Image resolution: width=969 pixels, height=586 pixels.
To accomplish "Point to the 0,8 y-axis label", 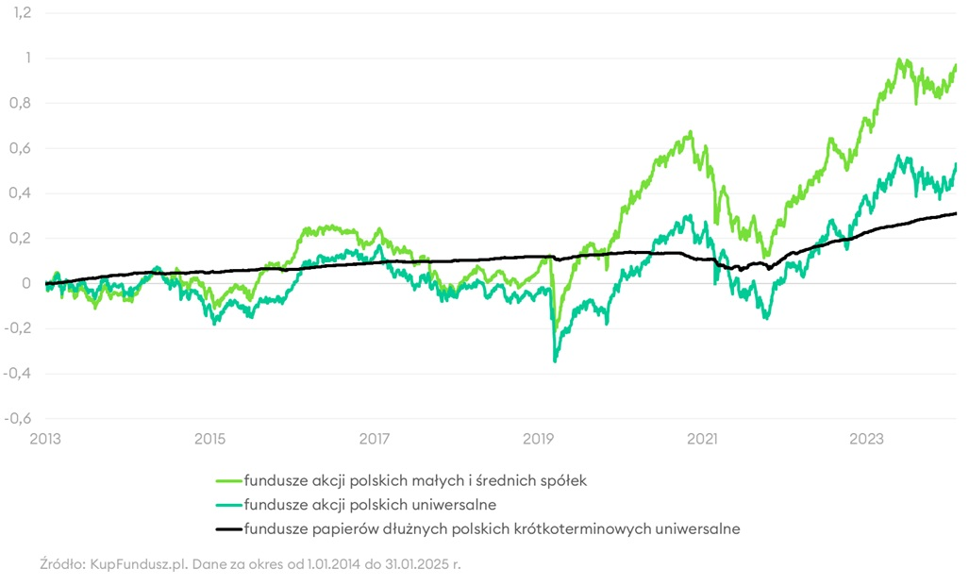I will (21, 103).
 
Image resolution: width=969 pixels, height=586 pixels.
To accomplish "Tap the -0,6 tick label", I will (19, 419).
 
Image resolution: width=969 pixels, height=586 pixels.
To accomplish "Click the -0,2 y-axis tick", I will (19, 328).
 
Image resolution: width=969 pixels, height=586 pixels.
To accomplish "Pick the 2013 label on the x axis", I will (45, 439).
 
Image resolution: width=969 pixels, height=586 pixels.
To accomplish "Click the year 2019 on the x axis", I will (539, 439).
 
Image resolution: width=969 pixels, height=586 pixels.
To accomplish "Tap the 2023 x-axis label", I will (867, 439).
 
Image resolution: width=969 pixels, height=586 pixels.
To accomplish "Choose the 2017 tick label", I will (375, 439).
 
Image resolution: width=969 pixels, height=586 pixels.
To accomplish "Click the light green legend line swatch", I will (228, 481).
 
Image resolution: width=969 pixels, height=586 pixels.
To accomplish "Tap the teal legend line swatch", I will (228, 505).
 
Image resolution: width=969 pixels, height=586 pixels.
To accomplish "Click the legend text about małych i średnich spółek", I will (415, 481).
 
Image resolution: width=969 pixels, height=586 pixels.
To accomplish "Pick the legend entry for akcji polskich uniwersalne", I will (370, 505).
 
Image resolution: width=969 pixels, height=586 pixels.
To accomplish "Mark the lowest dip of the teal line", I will (555, 360).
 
